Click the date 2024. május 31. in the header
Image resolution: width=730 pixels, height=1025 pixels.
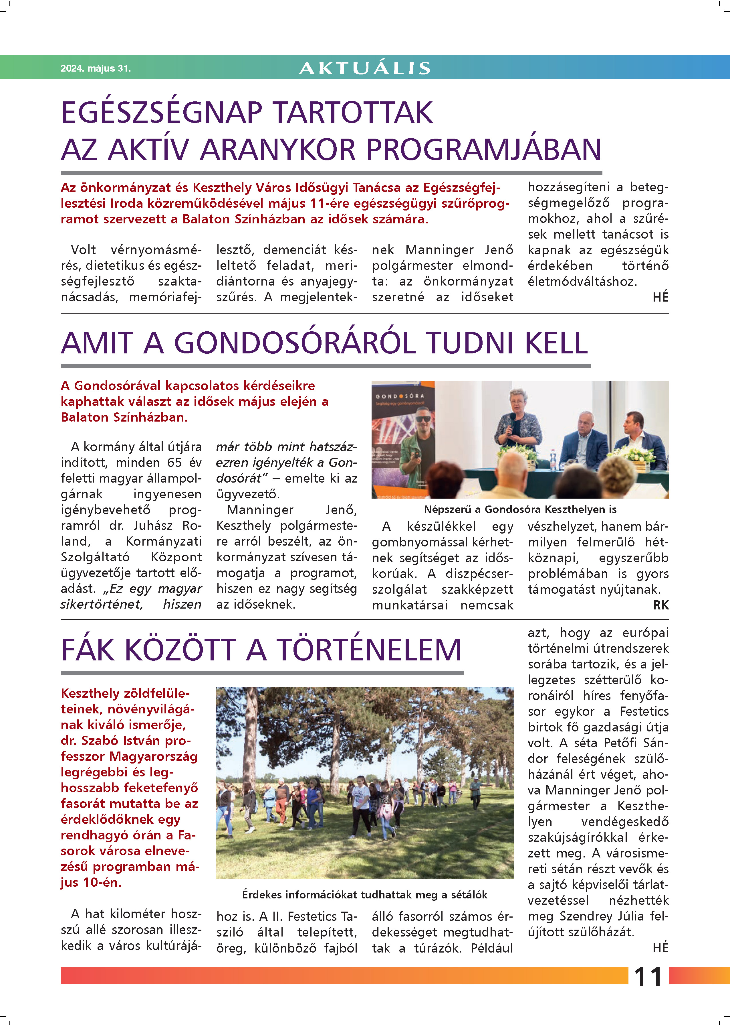click(95, 68)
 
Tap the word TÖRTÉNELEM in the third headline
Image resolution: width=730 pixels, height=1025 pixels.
click(369, 650)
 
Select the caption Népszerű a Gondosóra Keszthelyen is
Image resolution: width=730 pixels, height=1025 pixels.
click(520, 509)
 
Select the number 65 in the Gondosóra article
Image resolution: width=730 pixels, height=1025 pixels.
click(175, 463)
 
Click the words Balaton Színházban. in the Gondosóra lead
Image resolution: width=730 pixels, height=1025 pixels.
click(124, 417)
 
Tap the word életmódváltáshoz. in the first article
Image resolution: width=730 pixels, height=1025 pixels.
click(582, 282)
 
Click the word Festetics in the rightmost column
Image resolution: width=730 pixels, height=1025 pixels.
click(644, 711)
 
